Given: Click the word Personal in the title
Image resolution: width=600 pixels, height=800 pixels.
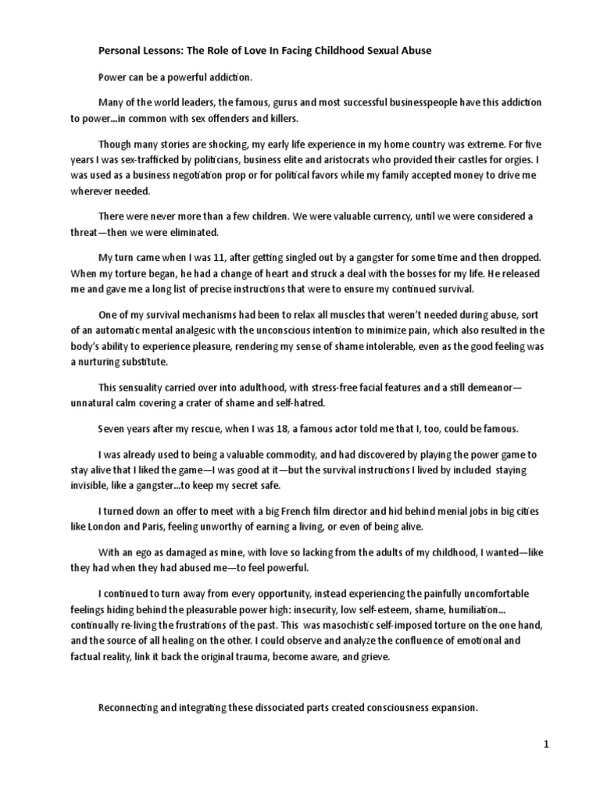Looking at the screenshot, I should pos(119,51).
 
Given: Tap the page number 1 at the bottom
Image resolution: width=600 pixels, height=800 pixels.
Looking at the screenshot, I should pos(547,745).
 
